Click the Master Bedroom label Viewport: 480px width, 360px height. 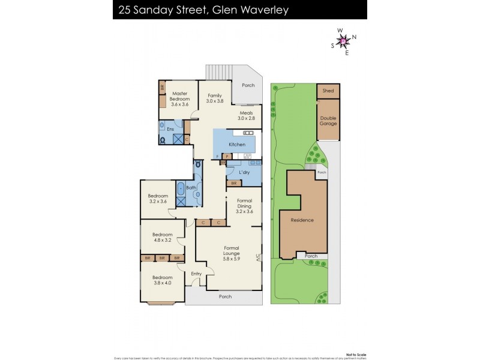pos(180,97)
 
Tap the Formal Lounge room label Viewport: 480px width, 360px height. pos(232,251)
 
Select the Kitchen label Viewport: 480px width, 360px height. pos(236,145)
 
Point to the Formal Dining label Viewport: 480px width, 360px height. pos(244,203)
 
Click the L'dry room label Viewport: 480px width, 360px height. pos(244,173)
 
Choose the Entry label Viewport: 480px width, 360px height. pos(196,274)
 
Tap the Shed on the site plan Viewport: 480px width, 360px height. pos(328,91)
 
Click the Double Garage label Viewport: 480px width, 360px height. pos(328,121)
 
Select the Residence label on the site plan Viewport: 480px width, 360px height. pos(302,220)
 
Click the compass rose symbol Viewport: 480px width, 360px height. pos(344,41)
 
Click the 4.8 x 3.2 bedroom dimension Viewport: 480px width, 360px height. pos(162,240)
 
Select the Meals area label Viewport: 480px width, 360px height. pos(246,116)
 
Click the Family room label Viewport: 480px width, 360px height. pos(215,98)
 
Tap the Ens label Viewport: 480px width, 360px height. pos(170,128)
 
